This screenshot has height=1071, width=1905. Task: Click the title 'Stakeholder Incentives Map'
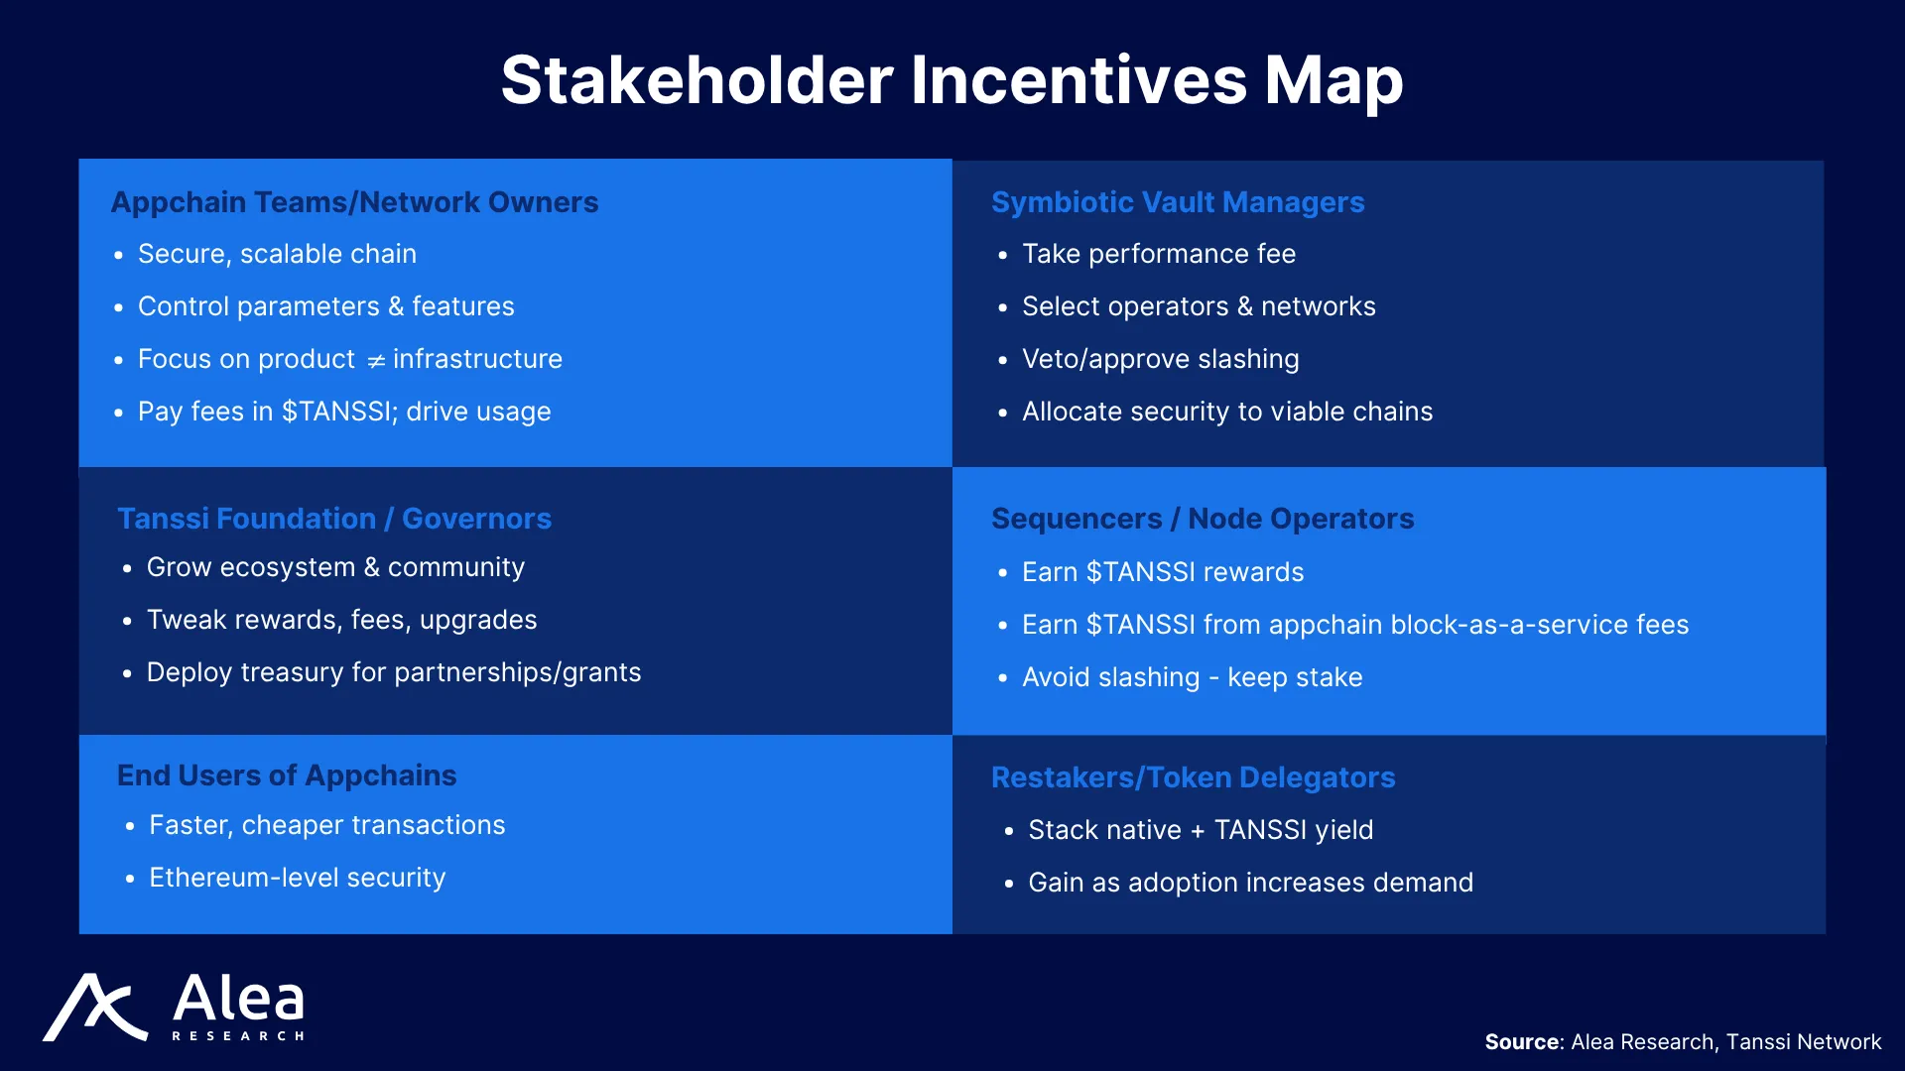point(952,80)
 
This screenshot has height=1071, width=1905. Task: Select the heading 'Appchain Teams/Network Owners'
point(354,202)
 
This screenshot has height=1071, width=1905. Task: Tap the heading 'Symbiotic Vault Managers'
point(1178,202)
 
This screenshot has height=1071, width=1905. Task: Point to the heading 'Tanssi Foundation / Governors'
point(334,519)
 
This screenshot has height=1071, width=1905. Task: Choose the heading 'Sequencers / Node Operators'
point(1203,519)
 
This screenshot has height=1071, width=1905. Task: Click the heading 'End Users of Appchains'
point(287,775)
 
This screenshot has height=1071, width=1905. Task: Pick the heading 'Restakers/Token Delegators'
point(1194,777)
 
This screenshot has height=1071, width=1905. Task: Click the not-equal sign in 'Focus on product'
point(376,361)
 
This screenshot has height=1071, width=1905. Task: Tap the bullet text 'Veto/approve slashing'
point(1161,359)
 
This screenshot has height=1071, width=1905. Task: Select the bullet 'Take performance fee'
point(1159,254)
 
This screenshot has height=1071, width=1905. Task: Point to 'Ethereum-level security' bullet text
point(298,878)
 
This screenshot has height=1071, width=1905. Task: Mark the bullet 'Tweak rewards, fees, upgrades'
point(342,620)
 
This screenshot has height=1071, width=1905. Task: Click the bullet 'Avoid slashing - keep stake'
point(1193,677)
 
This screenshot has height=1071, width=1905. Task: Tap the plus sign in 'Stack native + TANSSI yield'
point(1198,831)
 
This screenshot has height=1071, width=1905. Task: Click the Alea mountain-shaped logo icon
point(95,1008)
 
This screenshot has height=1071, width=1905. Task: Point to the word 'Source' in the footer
point(1522,1042)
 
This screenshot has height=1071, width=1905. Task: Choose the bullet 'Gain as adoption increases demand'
point(1251,883)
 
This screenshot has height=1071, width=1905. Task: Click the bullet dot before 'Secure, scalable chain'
point(118,256)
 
